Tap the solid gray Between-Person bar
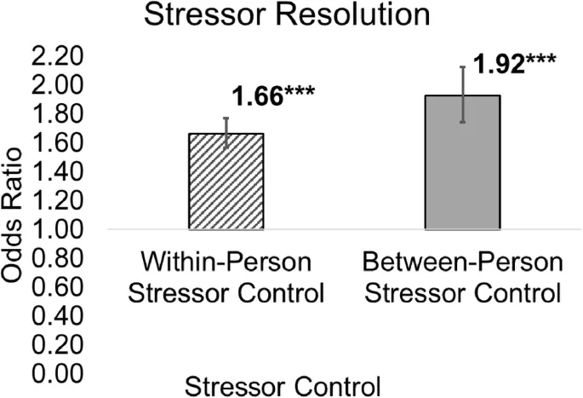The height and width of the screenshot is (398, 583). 462,162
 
